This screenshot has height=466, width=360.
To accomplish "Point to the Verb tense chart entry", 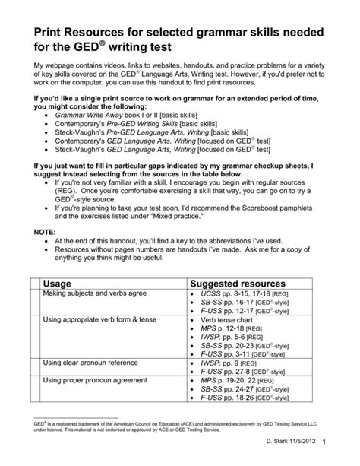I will click(x=229, y=321).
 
